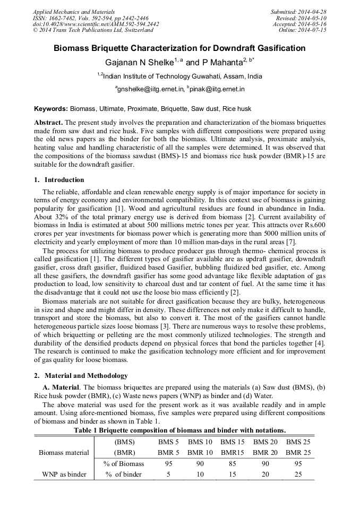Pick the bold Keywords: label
51,109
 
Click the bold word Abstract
48,123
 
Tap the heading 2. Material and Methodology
81,376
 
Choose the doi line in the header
96,24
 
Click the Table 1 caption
181,430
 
